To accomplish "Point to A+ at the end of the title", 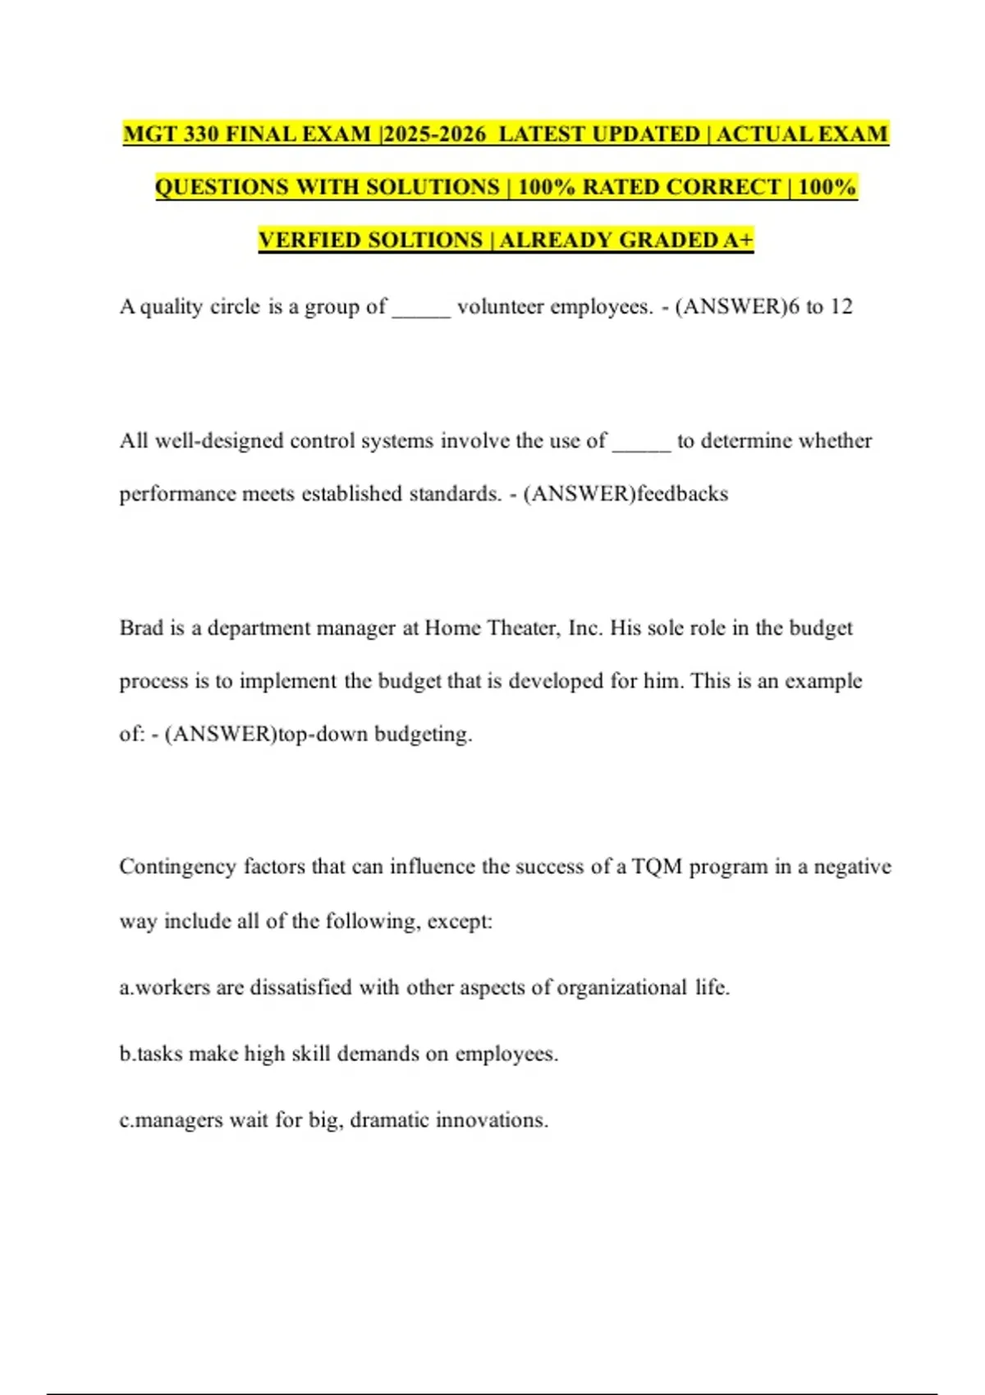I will [738, 240].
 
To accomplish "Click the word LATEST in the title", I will [543, 134].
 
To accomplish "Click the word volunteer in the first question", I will [500, 307].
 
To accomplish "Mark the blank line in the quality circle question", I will [421, 312].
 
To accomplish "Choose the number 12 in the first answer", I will [841, 307].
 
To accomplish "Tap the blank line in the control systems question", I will [642, 446].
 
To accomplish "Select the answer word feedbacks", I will [682, 494].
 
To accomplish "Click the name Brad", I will [141, 629].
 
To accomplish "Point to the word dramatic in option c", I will [389, 1120].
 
